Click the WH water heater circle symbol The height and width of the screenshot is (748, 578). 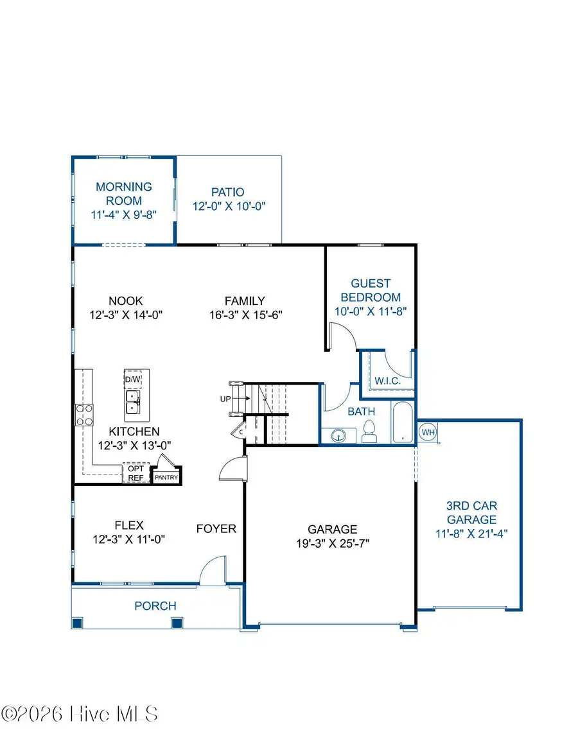(x=428, y=432)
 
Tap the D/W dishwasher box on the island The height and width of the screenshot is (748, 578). (x=132, y=379)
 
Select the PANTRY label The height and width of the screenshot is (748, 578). (x=166, y=477)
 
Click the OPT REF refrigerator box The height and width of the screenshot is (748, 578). (x=136, y=473)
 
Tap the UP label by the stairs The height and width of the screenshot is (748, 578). (x=225, y=399)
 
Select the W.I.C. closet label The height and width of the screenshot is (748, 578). (x=387, y=381)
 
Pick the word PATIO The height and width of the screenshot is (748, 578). (x=228, y=192)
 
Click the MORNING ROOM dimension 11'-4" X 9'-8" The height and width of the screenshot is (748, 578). (x=124, y=215)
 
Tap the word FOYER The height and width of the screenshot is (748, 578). (x=216, y=528)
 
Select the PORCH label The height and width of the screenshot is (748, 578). (x=155, y=605)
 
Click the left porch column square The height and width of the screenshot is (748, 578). (x=77, y=622)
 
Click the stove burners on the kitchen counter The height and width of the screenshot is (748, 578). (x=84, y=414)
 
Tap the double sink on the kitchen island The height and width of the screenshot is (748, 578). (x=132, y=402)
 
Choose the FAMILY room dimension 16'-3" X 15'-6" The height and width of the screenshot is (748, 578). (x=245, y=315)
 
